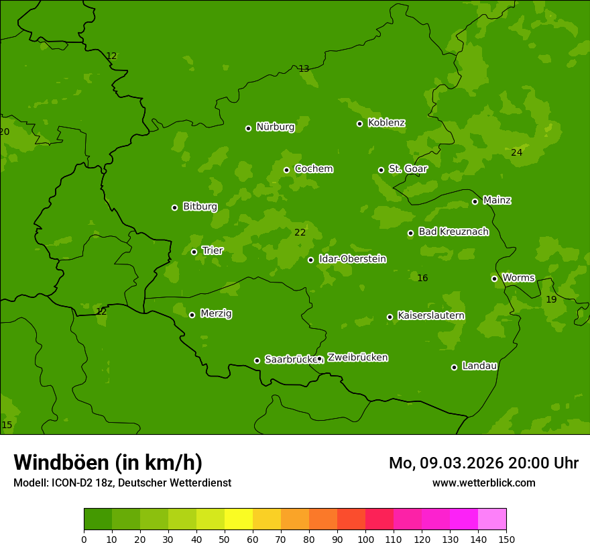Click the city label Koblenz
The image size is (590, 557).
386,123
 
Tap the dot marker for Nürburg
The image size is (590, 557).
248,128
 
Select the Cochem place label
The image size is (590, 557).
313,169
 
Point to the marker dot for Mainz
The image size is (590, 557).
475,201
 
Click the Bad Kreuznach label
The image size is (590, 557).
453,232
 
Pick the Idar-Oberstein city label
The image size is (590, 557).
352,259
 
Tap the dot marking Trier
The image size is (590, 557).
194,252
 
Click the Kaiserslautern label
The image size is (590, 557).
431,316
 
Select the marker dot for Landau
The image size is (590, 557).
454,367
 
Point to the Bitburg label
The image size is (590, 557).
200,207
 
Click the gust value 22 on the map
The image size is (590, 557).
300,233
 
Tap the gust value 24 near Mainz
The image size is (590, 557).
516,153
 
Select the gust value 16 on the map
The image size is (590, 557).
422,278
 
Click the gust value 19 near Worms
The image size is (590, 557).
551,300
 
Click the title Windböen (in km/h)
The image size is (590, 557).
108,462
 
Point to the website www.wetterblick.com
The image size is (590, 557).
483,483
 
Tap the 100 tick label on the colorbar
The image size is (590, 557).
365,540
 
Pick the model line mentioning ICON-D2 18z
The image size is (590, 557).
122,483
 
